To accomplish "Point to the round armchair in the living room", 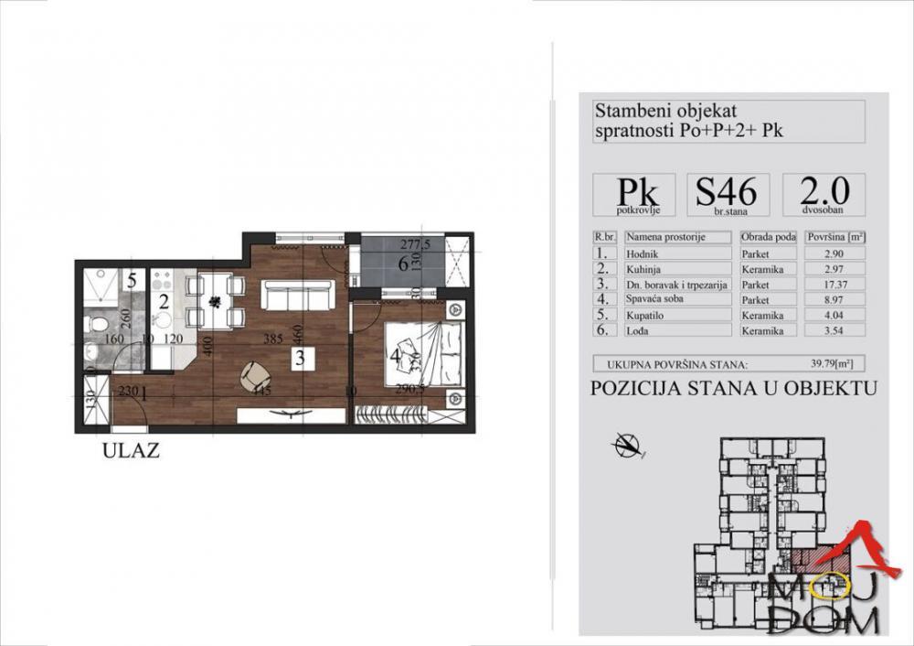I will pos(256,374).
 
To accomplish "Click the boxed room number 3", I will pos(300,358).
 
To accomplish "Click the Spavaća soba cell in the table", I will pos(677,299).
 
